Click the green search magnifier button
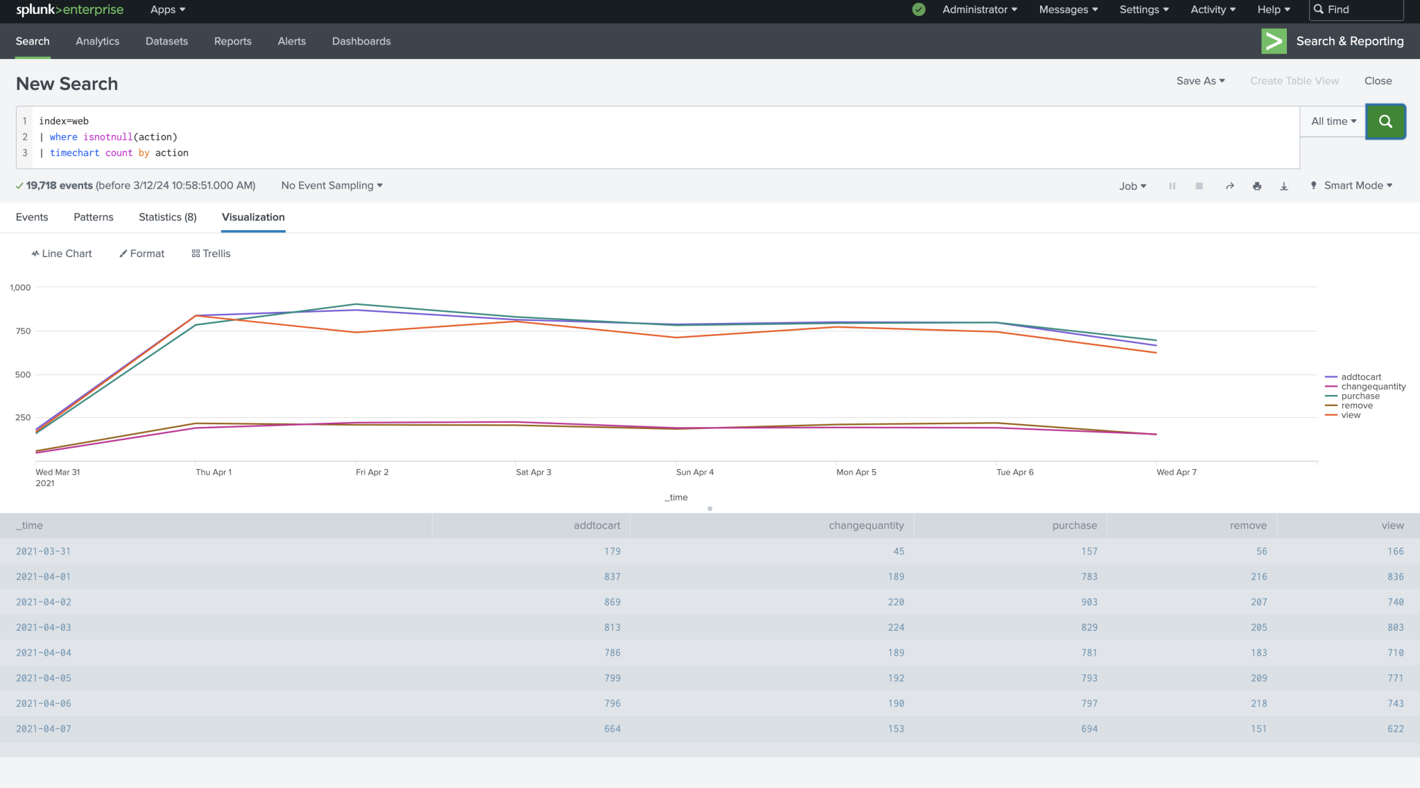click(1385, 121)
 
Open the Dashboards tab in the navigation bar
click(361, 42)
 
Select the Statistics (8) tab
click(168, 217)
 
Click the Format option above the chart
click(142, 254)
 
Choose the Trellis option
click(211, 254)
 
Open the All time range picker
click(1333, 121)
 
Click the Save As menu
click(1200, 81)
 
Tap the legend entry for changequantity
click(1373, 387)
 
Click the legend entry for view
click(1351, 415)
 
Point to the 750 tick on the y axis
click(23, 331)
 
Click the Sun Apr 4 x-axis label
click(694, 472)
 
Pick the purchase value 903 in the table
click(1089, 602)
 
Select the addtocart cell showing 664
click(612, 729)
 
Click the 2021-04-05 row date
click(44, 678)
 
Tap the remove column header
click(1248, 525)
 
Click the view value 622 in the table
click(1396, 729)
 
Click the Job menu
click(1132, 186)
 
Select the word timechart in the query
click(75, 153)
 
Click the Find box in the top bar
click(1356, 10)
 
